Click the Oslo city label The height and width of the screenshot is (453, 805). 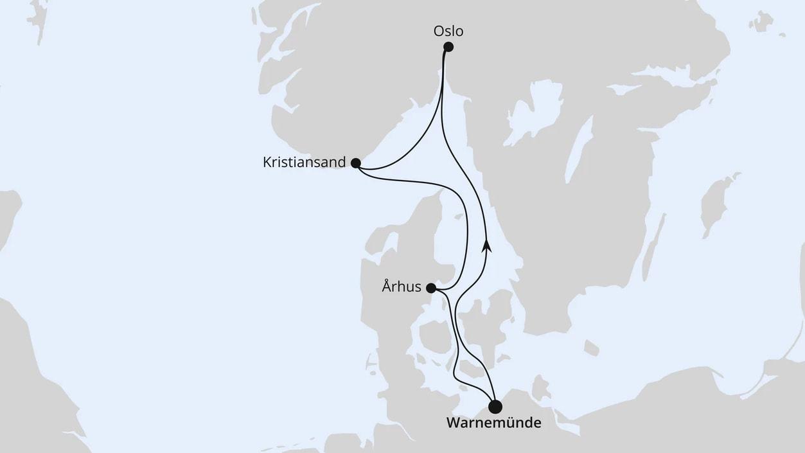448,30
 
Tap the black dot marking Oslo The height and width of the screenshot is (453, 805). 448,46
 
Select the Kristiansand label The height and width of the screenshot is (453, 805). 305,163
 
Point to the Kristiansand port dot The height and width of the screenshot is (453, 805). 356,163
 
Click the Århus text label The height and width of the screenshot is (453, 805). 402,287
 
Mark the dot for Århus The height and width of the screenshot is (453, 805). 431,289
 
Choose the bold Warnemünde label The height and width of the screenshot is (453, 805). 493,423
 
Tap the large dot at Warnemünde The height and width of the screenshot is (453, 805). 495,407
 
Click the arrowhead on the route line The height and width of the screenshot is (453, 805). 487,245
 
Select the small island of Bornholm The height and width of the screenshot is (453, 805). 592,348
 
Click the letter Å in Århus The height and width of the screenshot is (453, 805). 387,287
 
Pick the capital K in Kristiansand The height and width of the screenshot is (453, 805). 267,163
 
